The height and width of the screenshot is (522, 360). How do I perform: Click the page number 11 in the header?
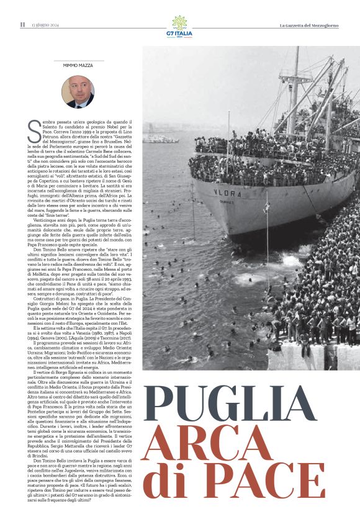[x=22, y=25]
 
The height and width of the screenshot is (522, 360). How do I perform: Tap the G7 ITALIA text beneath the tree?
[x=179, y=34]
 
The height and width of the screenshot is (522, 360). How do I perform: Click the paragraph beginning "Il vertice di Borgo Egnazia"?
[x=84, y=416]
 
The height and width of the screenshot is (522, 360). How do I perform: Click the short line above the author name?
[x=78, y=61]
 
